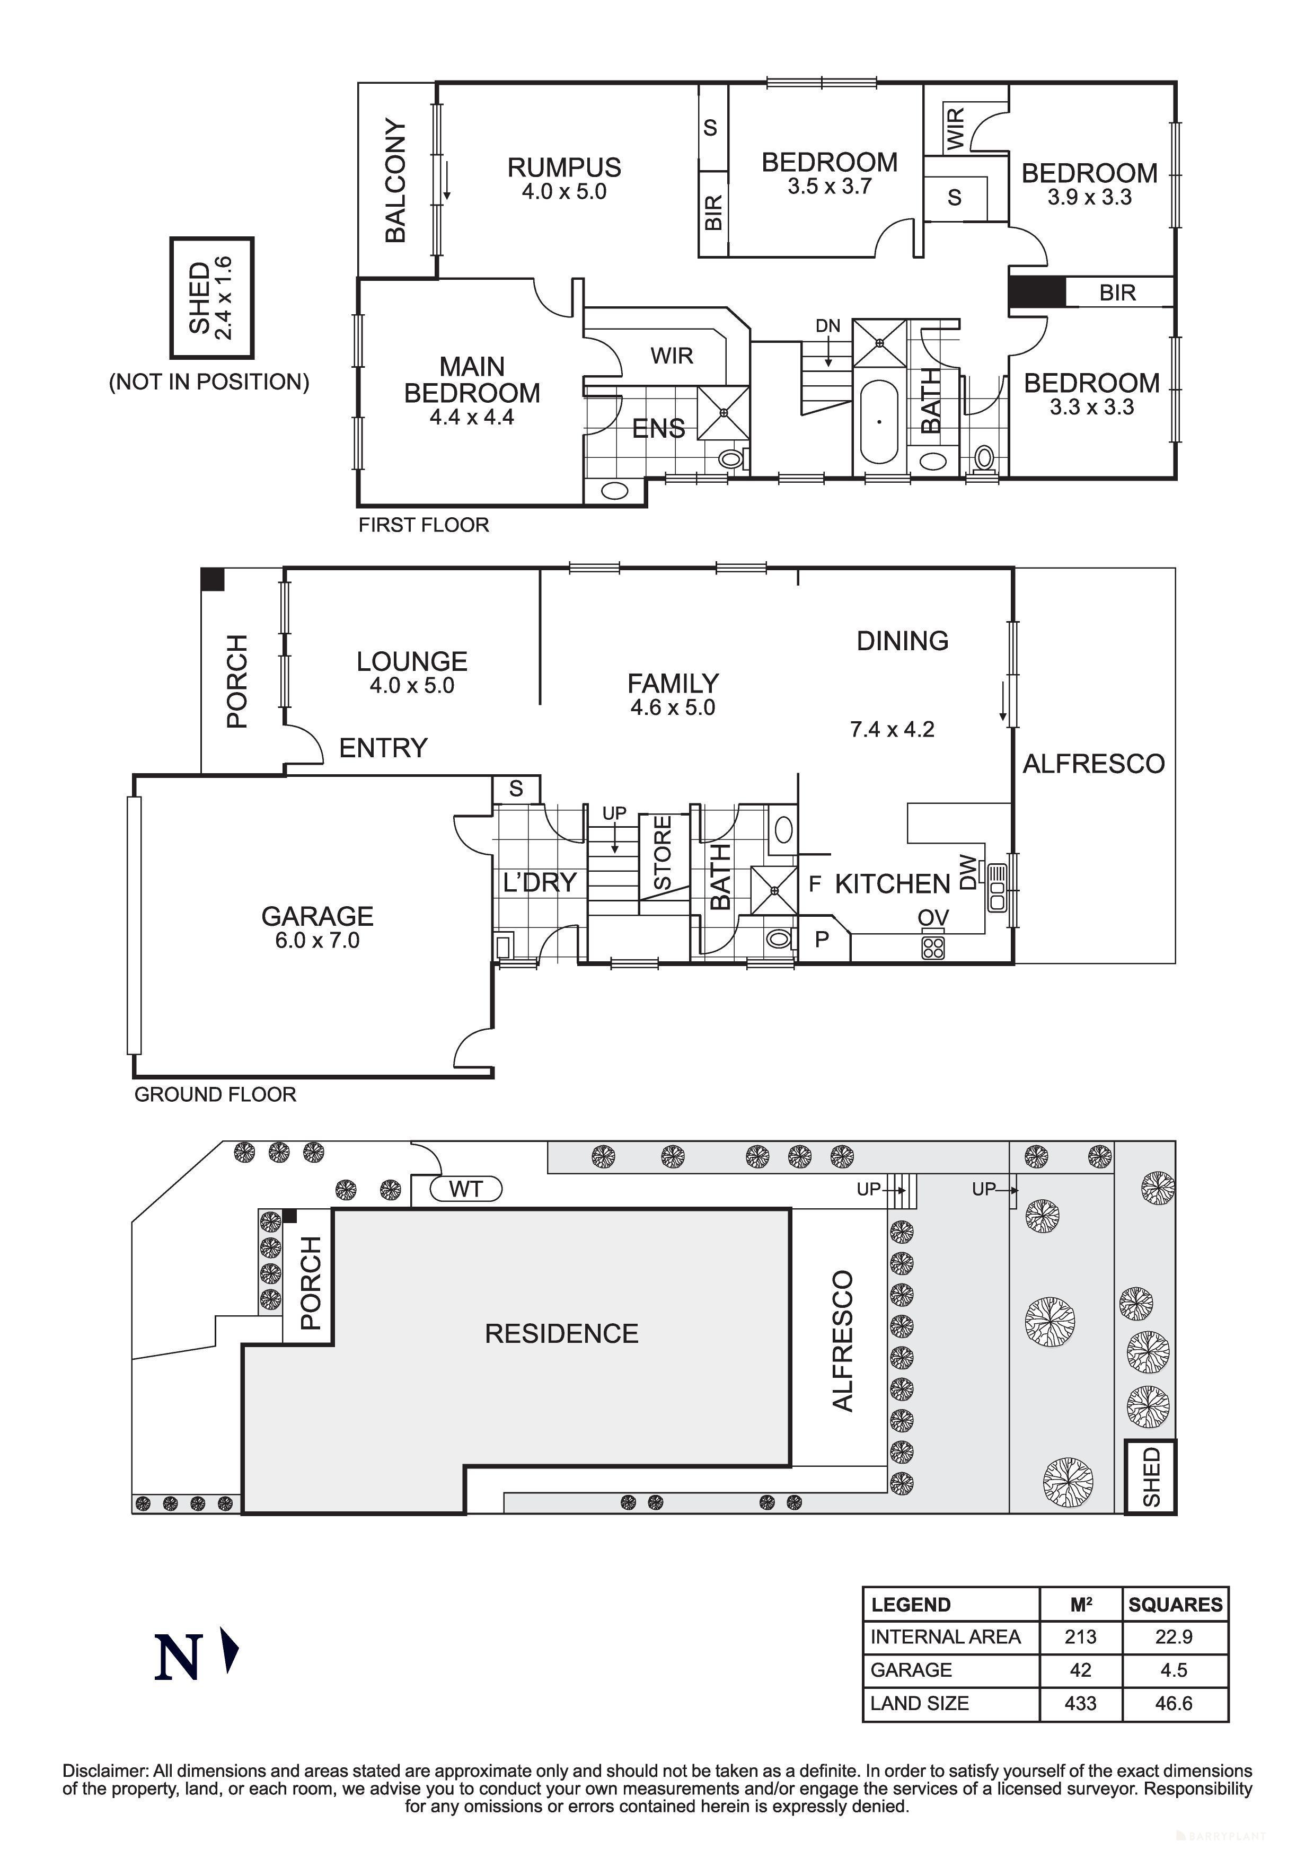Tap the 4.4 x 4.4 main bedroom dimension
(x=472, y=418)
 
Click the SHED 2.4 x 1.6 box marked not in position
(x=211, y=297)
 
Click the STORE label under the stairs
(x=662, y=853)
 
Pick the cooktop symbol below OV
(x=933, y=946)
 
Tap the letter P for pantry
(x=822, y=939)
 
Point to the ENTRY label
(x=383, y=747)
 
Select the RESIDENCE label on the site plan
(x=561, y=1333)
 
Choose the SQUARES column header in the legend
(x=1175, y=1605)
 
